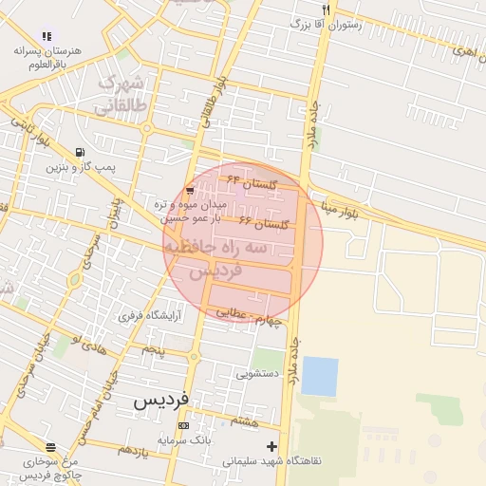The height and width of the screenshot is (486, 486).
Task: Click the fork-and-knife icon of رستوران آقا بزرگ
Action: [327, 9]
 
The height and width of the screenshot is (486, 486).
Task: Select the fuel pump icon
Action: [80, 152]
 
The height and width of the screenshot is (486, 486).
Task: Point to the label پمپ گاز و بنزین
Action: [80, 167]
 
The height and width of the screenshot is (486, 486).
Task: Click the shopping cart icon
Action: [191, 191]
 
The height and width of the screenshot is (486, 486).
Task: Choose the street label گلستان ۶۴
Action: [250, 180]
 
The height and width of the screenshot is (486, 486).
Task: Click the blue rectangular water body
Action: [320, 376]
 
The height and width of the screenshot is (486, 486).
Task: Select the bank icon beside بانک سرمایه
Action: [183, 426]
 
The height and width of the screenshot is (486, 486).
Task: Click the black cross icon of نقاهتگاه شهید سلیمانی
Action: [272, 446]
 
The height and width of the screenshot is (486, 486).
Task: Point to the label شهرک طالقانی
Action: [124, 94]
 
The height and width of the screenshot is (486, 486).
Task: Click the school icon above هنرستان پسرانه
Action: [47, 36]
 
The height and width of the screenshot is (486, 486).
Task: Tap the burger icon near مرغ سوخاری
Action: [50, 447]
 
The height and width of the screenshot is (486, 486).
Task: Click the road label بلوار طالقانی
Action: [211, 104]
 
